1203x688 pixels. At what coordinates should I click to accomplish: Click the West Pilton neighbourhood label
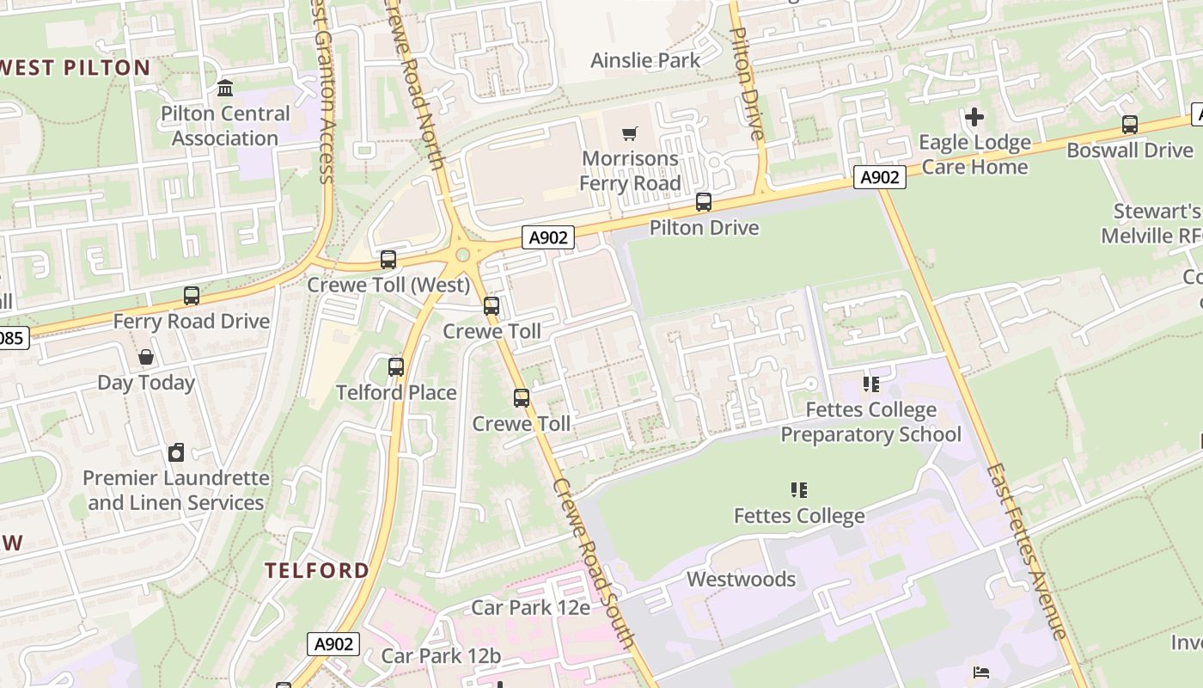(x=76, y=68)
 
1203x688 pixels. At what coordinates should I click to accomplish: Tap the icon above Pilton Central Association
(x=225, y=88)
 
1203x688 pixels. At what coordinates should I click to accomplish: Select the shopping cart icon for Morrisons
(x=630, y=133)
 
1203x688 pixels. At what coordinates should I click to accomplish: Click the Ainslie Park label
(x=645, y=60)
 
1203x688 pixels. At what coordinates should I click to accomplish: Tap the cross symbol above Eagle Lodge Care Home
(x=974, y=116)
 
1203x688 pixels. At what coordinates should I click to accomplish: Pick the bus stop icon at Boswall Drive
(x=1129, y=125)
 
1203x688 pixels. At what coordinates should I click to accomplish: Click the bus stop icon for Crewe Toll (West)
(x=388, y=259)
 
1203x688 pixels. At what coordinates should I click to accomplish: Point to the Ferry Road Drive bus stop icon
(x=192, y=296)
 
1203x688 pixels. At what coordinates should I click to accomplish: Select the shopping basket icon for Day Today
(x=146, y=357)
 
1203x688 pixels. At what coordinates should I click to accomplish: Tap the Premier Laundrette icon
(x=176, y=452)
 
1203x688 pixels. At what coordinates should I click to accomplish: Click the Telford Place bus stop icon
(x=396, y=367)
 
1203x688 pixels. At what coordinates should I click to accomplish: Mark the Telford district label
(x=317, y=570)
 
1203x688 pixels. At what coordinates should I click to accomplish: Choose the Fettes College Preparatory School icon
(x=870, y=384)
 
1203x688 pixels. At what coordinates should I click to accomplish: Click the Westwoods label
(x=741, y=580)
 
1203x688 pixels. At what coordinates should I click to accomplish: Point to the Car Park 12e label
(x=530, y=608)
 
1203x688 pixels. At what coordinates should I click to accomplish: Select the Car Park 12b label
(x=441, y=655)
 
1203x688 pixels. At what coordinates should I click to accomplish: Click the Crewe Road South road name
(x=595, y=563)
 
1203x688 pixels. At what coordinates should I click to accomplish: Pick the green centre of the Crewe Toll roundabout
(x=463, y=255)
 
